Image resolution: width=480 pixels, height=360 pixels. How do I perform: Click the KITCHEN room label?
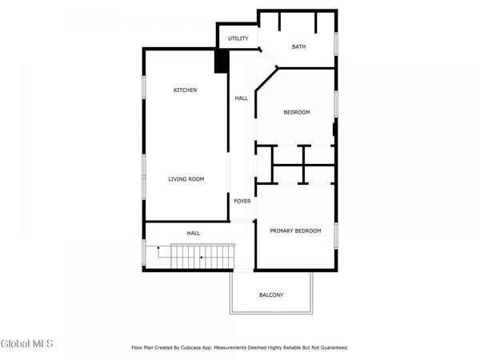point(186,90)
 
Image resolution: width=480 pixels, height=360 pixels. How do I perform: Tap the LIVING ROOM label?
point(186,179)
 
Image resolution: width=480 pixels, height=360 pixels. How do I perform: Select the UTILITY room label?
point(238,38)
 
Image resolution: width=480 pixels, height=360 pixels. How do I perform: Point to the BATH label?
point(298,47)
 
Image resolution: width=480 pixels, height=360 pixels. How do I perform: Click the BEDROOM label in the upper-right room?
point(297,112)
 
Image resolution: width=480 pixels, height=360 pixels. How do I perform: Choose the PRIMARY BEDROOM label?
point(295,230)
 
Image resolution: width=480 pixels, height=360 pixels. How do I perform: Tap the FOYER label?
point(242,201)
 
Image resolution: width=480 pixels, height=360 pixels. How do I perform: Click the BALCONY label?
point(271,295)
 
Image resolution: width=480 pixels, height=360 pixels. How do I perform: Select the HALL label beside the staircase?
point(194,233)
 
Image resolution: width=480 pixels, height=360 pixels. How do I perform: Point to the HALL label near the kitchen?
point(242,98)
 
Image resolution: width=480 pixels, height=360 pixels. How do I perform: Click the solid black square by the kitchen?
point(222,62)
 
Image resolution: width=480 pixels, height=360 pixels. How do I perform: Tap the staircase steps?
point(200,258)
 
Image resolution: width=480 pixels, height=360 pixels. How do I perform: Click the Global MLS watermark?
point(26,345)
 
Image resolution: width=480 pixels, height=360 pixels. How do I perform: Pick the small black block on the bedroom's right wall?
point(334,129)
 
